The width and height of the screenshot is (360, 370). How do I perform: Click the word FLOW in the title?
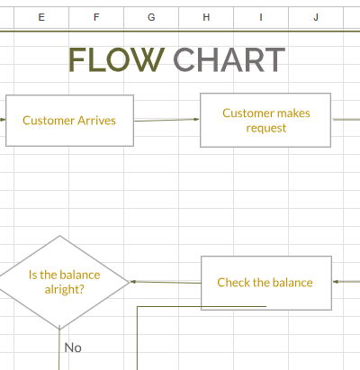(x=116, y=59)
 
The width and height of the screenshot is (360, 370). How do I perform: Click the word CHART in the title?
(x=229, y=59)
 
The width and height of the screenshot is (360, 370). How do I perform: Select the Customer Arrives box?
(x=69, y=120)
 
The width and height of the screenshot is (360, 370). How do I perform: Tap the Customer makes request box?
(x=265, y=120)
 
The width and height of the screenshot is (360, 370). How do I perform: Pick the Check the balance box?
(x=265, y=282)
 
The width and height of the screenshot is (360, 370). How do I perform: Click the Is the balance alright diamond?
(x=60, y=282)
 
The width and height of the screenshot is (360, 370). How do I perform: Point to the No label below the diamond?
(x=73, y=347)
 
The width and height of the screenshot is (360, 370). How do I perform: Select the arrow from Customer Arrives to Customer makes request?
(x=166, y=120)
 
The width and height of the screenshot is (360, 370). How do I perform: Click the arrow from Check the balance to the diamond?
(x=166, y=282)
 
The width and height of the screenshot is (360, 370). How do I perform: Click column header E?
(x=41, y=17)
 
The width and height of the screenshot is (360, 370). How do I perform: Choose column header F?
(x=96, y=17)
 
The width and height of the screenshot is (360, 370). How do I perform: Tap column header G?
(x=151, y=17)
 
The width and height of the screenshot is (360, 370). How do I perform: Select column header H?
(x=206, y=17)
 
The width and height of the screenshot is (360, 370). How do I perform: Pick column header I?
(x=261, y=17)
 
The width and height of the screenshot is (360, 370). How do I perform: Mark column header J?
(x=316, y=17)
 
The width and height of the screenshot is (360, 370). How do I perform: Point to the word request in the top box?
(x=266, y=128)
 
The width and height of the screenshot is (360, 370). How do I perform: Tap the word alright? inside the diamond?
(x=65, y=290)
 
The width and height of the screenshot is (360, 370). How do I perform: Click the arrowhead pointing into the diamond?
(x=133, y=282)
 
